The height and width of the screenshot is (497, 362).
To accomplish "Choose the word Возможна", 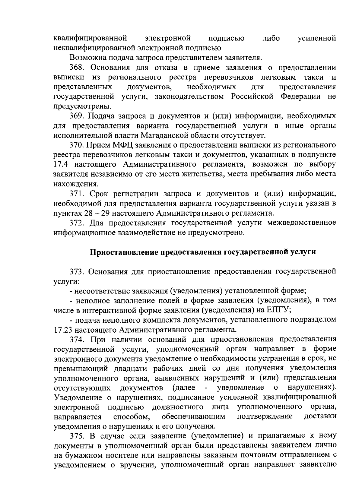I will point(86,58).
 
